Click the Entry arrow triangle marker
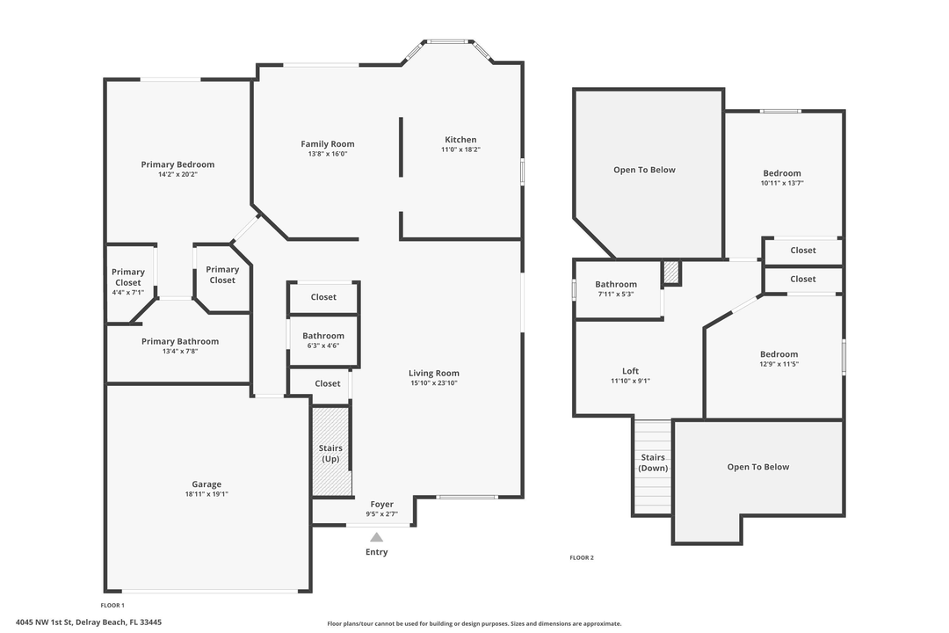tap(376, 536)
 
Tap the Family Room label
tap(328, 144)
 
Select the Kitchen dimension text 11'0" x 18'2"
tap(460, 150)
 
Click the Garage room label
tap(206, 484)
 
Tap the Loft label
tap(630, 371)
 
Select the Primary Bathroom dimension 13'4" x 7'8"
tap(180, 352)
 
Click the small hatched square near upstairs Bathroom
tap(671, 273)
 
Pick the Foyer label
tap(381, 505)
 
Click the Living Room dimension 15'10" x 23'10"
tap(434, 383)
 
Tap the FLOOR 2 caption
tap(582, 557)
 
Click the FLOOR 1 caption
tap(112, 605)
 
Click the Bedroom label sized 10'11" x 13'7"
tap(782, 173)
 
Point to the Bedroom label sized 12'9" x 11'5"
tap(779, 354)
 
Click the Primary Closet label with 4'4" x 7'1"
tap(128, 277)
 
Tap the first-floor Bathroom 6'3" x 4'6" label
tap(323, 336)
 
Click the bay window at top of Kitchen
tap(448, 41)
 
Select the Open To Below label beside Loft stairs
tap(758, 467)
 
